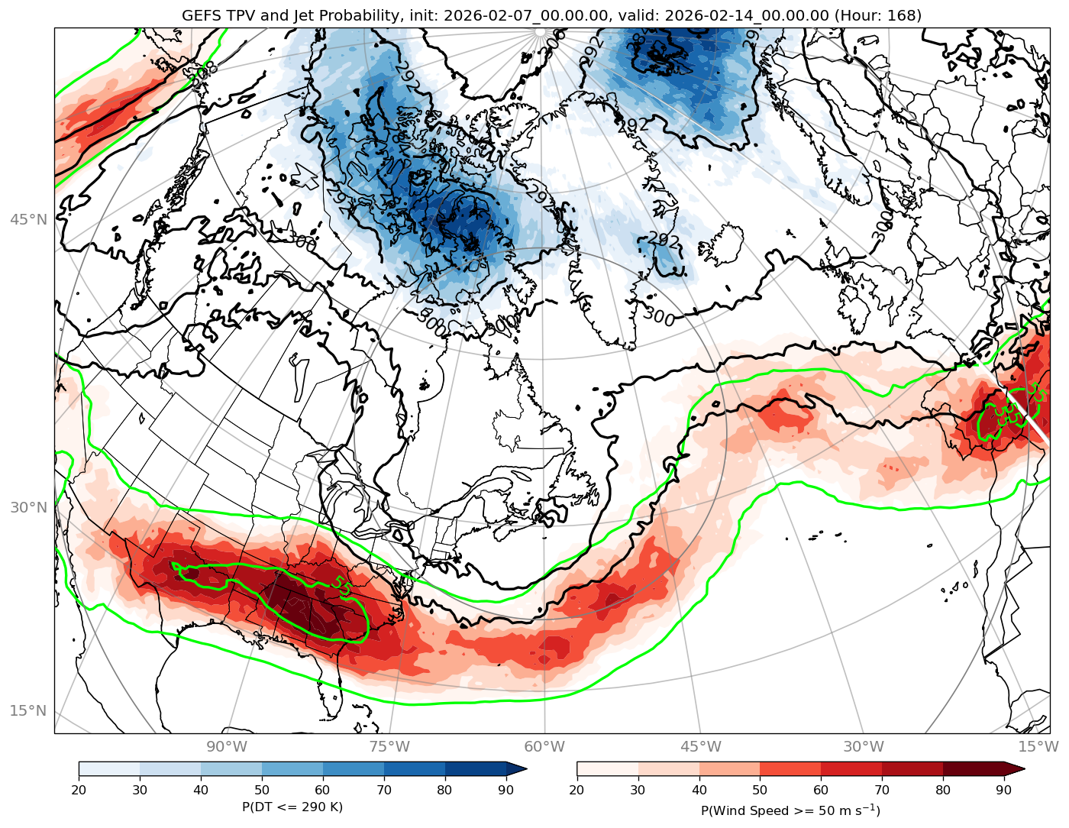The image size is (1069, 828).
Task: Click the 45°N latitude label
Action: [x=28, y=220]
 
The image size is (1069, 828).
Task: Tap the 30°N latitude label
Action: [x=28, y=508]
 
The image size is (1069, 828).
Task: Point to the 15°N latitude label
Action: [x=28, y=711]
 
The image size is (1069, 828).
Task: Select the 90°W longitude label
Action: [x=227, y=746]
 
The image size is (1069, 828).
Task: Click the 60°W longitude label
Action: [x=544, y=746]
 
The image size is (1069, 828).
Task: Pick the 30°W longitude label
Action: [x=864, y=746]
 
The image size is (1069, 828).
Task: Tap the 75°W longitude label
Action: [x=389, y=746]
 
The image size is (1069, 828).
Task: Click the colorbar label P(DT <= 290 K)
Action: [x=292, y=807]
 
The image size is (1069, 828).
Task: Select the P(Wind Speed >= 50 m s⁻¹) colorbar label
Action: [x=790, y=810]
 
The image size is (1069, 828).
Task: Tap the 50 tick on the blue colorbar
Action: [x=262, y=791]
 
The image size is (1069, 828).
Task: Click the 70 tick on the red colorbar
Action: [x=882, y=791]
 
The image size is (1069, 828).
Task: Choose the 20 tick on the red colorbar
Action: [x=576, y=791]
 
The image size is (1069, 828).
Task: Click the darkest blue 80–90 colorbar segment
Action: [x=476, y=769]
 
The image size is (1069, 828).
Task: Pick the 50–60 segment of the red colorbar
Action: [x=790, y=769]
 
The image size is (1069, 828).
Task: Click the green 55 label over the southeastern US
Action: [x=342, y=587]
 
